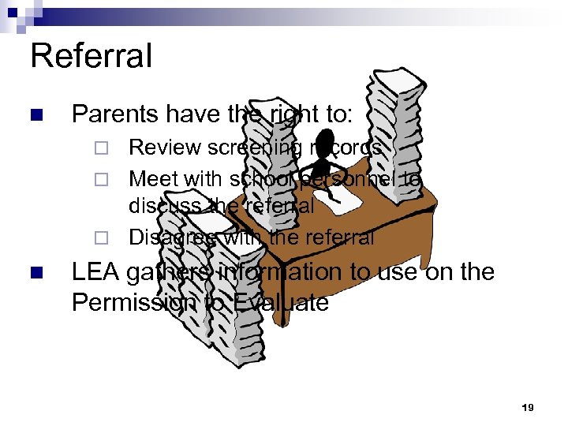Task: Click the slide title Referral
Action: [x=91, y=58]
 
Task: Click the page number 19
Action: [x=528, y=408]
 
